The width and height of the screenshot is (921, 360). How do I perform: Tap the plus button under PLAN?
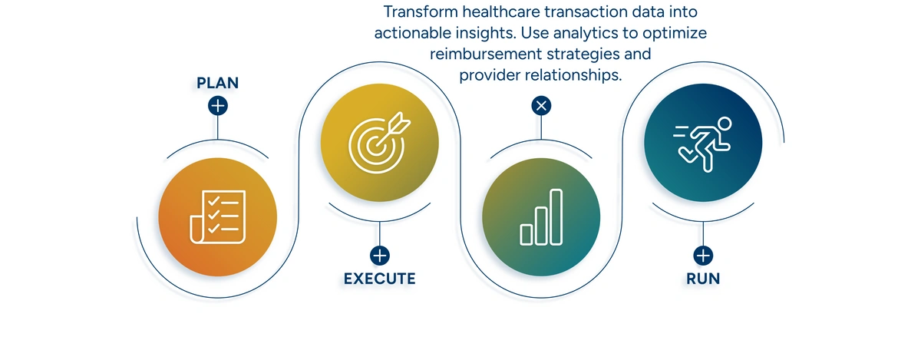click(218, 105)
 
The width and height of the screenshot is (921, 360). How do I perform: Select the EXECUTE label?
click(379, 279)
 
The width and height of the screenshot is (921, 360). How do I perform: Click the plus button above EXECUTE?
click(380, 256)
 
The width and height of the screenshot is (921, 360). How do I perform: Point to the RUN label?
click(703, 279)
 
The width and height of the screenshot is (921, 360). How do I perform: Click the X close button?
click(541, 105)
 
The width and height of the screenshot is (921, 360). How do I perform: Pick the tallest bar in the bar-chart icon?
click(556, 216)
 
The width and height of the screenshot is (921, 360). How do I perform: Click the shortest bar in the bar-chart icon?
click(527, 233)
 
